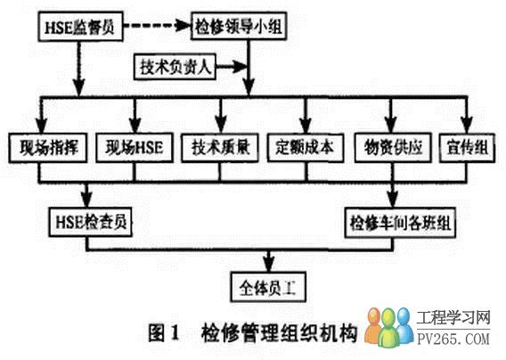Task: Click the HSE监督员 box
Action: point(80,27)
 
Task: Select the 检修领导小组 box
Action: point(239,26)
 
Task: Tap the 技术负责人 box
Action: point(175,67)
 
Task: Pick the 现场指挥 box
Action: point(48,148)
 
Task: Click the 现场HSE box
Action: point(135,148)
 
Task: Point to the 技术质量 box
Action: point(220,148)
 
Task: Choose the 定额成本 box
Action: point(306,148)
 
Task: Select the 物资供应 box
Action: point(393,148)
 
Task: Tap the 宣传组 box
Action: point(467,148)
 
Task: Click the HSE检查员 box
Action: point(91,222)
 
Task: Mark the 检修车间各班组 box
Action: point(400,223)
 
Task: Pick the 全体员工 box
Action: point(268,287)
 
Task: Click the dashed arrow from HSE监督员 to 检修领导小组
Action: point(157,26)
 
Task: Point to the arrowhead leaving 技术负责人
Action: point(241,67)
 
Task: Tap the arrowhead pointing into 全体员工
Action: point(269,265)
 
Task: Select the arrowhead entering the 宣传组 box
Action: point(467,126)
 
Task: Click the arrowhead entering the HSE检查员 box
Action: point(86,200)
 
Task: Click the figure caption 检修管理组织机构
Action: point(280,332)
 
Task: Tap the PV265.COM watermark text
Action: point(453,340)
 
